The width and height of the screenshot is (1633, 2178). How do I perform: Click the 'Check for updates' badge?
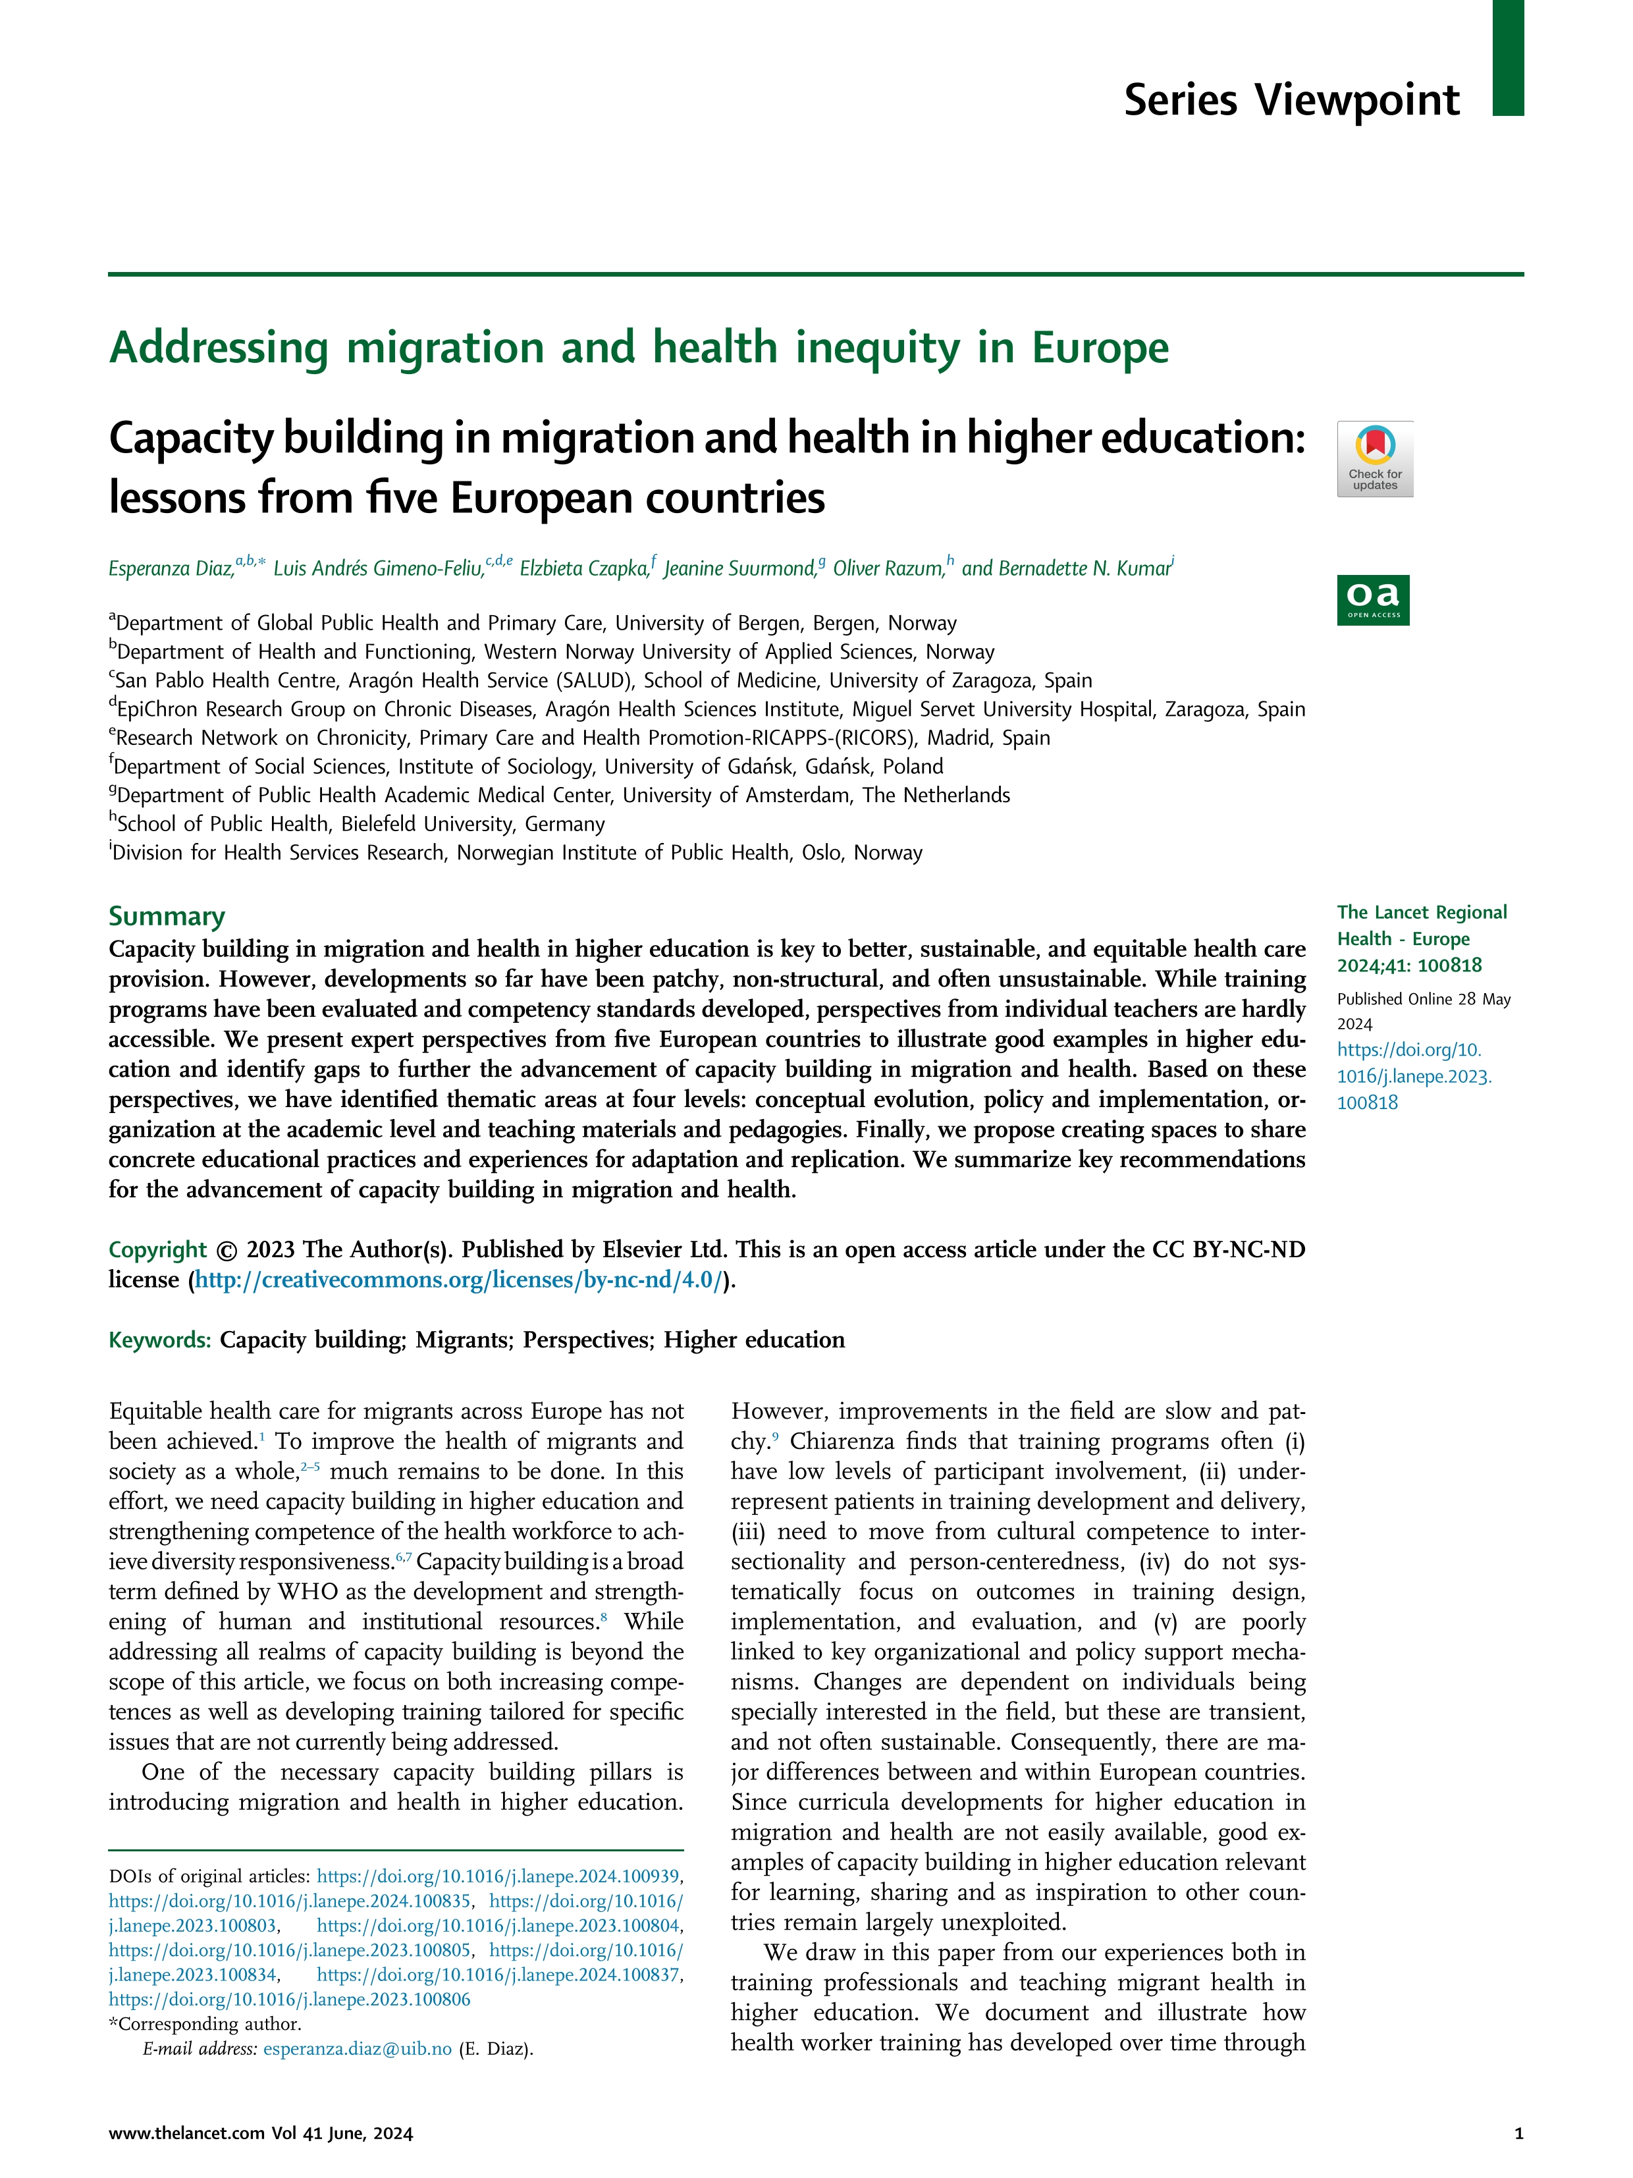[1374, 459]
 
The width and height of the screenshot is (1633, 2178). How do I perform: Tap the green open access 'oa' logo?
[1372, 599]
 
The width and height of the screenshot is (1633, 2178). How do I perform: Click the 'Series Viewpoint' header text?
[1291, 100]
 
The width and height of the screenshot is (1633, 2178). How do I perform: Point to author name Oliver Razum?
[887, 568]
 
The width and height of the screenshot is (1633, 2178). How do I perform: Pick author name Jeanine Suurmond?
[738, 568]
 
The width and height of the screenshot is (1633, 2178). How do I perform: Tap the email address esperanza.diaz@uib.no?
[358, 2049]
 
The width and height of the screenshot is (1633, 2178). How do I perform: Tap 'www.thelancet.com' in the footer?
[187, 2134]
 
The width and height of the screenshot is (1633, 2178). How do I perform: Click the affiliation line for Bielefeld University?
[360, 824]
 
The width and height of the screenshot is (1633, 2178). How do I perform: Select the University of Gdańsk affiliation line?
[527, 767]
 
